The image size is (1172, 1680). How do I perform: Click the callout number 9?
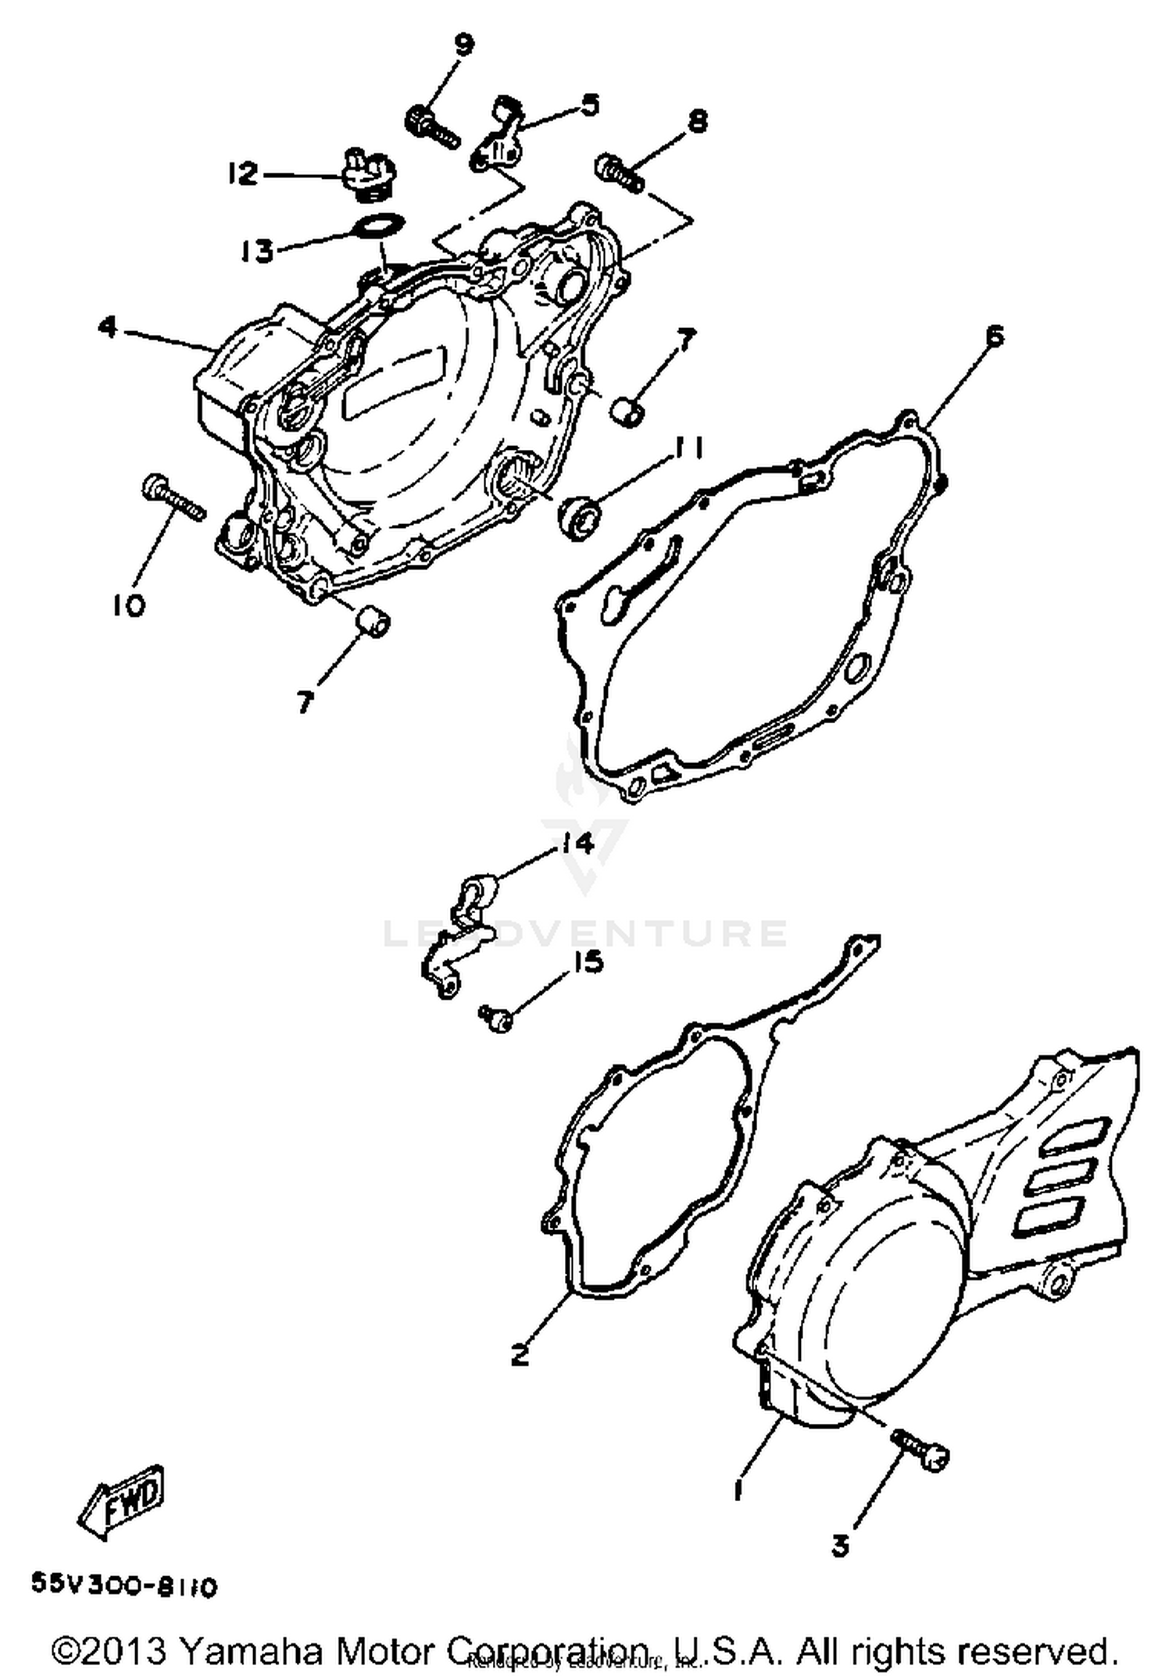tap(463, 46)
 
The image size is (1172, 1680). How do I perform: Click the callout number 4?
tap(109, 326)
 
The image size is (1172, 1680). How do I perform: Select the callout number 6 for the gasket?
tap(994, 337)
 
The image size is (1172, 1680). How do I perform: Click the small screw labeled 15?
tap(495, 1018)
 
